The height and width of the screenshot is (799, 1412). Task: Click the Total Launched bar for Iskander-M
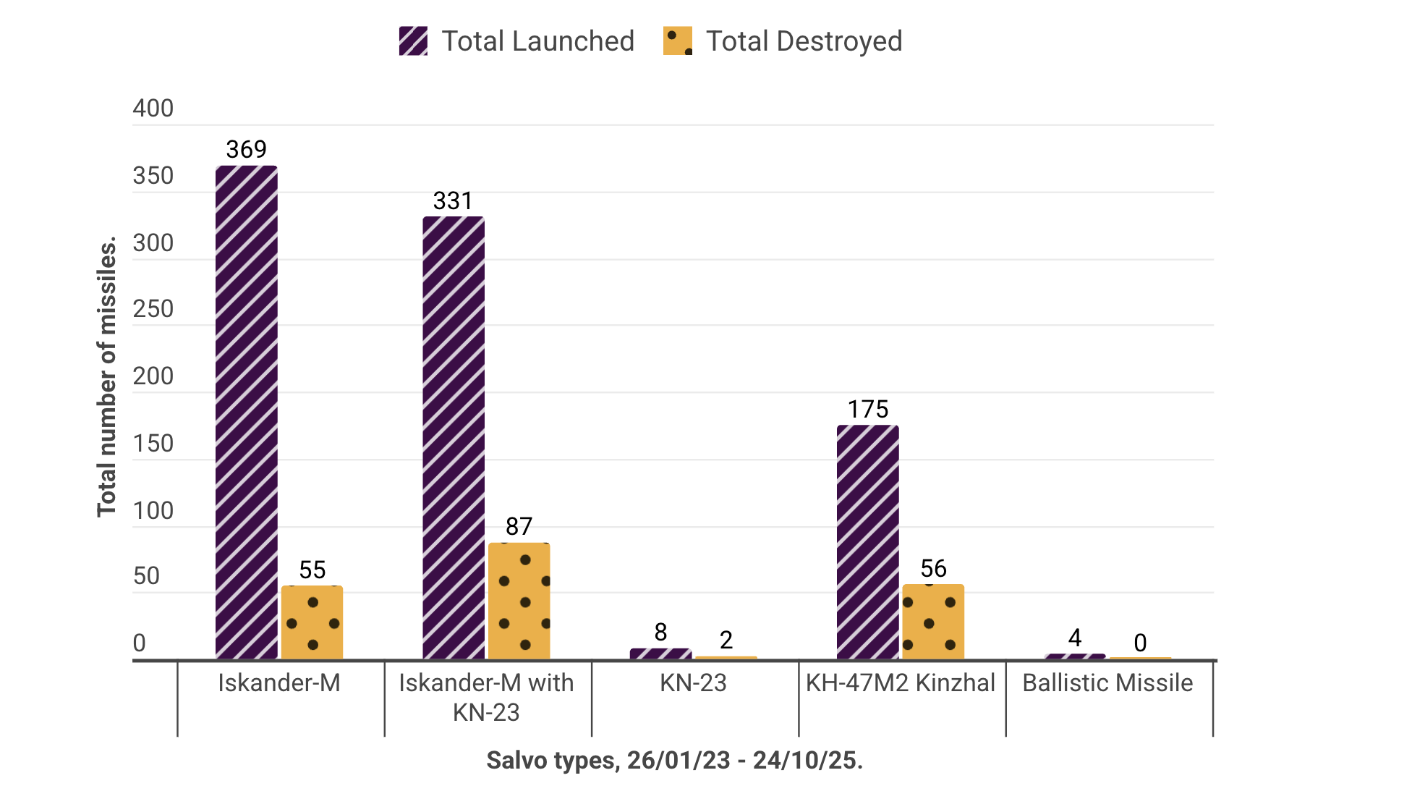246,413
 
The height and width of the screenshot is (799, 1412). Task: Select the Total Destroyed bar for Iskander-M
312,622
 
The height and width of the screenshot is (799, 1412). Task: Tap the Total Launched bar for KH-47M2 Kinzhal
867,542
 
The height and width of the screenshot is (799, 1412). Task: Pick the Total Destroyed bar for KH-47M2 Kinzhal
932,622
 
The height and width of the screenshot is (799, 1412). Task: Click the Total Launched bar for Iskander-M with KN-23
454,438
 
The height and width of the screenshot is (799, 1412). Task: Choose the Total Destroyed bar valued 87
519,601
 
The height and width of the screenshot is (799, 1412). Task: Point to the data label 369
246,150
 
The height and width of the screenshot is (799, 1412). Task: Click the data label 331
453,201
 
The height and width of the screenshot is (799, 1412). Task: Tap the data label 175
867,410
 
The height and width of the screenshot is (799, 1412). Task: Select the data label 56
933,569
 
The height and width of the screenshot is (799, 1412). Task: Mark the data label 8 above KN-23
660,633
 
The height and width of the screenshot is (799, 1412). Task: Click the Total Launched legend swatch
413,41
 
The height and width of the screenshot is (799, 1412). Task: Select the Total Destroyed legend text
804,41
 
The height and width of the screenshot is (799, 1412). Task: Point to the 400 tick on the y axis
153,109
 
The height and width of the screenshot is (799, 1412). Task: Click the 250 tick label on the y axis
153,310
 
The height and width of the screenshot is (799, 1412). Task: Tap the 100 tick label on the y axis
153,511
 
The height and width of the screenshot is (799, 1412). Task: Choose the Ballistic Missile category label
1107,683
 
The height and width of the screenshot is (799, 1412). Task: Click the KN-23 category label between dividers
693,683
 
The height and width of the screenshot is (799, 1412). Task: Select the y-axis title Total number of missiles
107,376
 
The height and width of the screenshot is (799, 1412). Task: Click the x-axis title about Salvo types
674,761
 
